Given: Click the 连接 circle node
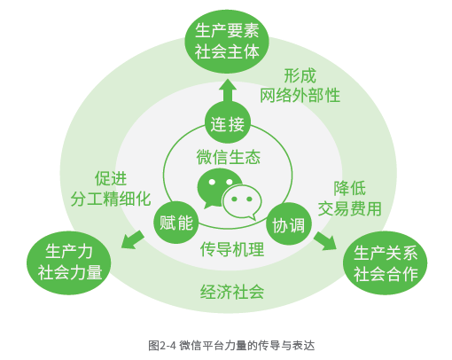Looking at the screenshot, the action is coord(228,123).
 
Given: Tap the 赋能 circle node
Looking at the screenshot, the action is coord(176,223).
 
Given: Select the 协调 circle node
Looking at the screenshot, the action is coord(289,224).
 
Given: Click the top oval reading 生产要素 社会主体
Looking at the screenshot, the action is coord(227,42).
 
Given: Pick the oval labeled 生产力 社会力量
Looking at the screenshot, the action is coord(69,262).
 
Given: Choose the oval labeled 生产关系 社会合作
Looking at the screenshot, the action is coord(386,263).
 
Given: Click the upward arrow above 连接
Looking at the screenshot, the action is coord(228,91).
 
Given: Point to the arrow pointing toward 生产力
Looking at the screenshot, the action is coord(132,239).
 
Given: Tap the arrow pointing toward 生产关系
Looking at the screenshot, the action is coord(325,241).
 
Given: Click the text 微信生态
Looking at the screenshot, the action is coord(228,157).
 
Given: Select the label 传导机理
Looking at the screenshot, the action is coord(232,249).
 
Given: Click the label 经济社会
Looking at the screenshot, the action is coord(232,292).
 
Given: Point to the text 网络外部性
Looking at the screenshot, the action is coord(300,95).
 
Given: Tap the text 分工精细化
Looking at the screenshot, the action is coord(111,199).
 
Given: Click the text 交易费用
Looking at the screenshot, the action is coord(349,208).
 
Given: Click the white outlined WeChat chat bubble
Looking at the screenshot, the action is coord(242,202).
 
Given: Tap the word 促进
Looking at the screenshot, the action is coord(111,178).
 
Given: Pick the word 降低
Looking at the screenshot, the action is coord(349,188).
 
